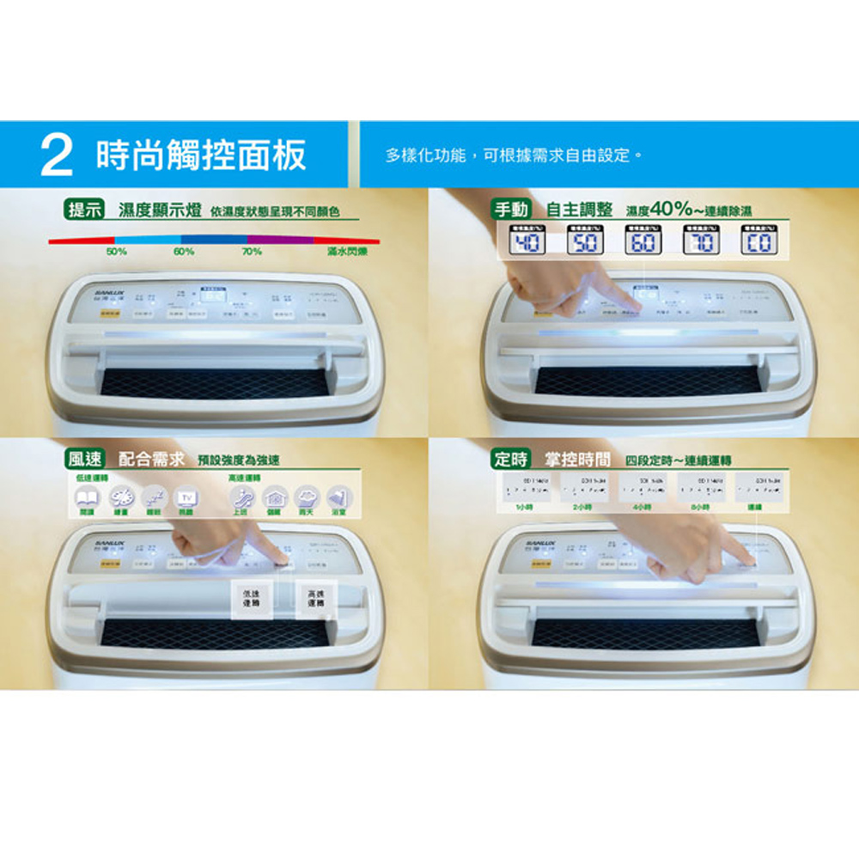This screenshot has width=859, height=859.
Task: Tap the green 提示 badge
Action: pos(86,210)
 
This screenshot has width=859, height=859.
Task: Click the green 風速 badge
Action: pos(86,459)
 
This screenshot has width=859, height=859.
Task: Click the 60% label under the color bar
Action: pos(183,253)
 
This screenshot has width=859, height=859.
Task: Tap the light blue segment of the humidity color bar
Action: pos(147,240)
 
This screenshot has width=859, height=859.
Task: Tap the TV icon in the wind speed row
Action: pos(184,497)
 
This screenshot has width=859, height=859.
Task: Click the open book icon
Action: pos(86,497)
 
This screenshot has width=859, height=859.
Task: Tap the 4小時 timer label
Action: pos(638,509)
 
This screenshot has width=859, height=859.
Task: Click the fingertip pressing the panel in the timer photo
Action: pos(745,559)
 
